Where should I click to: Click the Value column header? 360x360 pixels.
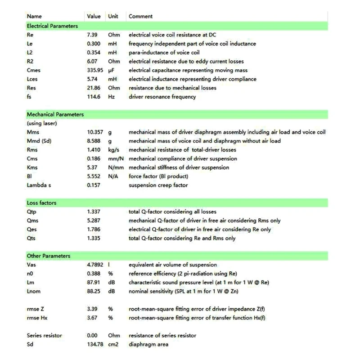(x=94, y=17)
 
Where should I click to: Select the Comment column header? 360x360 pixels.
(x=140, y=17)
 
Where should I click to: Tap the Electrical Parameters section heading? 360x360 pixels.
(x=52, y=26)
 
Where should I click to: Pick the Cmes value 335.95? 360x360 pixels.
(x=95, y=70)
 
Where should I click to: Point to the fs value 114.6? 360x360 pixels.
(x=94, y=97)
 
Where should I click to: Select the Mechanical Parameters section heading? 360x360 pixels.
(x=55, y=114)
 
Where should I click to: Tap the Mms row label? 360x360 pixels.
(x=33, y=132)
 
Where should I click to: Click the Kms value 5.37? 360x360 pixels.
(x=93, y=167)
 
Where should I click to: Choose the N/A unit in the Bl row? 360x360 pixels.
(x=112, y=176)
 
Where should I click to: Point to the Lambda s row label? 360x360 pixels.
(x=40, y=185)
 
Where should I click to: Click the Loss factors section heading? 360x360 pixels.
(x=41, y=203)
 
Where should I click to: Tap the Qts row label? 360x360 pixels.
(x=31, y=238)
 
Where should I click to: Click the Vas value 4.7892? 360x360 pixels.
(x=96, y=265)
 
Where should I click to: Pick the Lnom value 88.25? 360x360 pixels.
(x=94, y=291)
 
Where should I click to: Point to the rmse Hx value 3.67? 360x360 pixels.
(x=93, y=318)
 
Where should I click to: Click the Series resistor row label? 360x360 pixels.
(x=44, y=336)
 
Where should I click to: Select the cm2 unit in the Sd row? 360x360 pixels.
(x=112, y=344)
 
